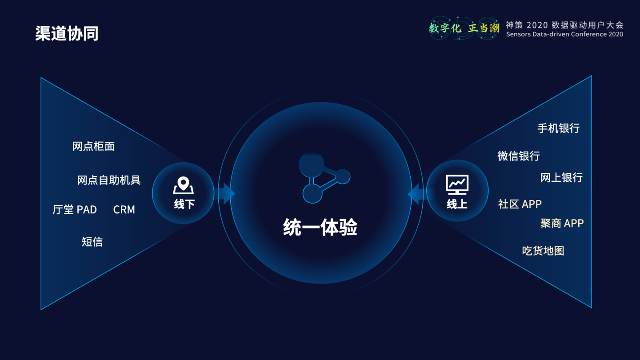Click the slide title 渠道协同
(x=67, y=33)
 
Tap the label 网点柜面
(x=93, y=146)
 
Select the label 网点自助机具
(x=109, y=180)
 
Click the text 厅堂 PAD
(x=75, y=210)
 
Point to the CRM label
(x=124, y=210)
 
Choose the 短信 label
(x=92, y=242)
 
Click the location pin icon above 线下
(x=184, y=185)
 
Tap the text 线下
(x=184, y=204)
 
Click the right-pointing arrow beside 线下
(x=227, y=194)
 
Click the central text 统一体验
(x=320, y=228)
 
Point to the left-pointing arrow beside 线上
(x=416, y=194)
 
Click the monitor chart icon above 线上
(x=457, y=184)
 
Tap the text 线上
(x=457, y=204)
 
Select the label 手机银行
(x=559, y=128)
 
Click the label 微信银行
(x=519, y=156)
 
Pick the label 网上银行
(x=561, y=178)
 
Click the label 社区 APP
(x=520, y=204)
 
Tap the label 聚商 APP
(x=562, y=224)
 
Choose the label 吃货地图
(x=543, y=251)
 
